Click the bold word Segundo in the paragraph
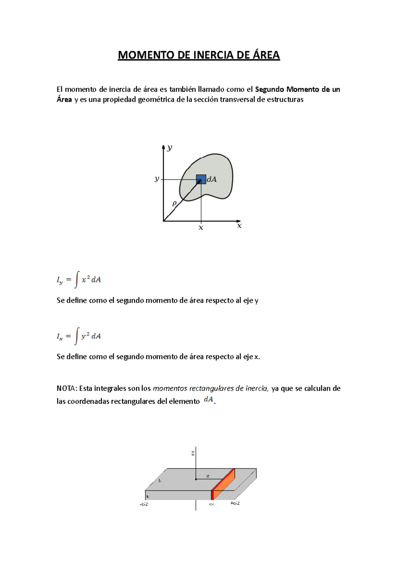click(x=270, y=89)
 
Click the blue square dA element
click(x=201, y=179)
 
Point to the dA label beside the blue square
click(x=212, y=179)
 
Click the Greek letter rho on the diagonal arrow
click(x=174, y=204)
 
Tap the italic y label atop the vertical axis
click(x=170, y=148)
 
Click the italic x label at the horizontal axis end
click(x=240, y=226)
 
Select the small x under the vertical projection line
click(x=201, y=228)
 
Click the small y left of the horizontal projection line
click(x=157, y=179)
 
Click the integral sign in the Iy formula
click(x=77, y=280)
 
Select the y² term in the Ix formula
click(x=85, y=336)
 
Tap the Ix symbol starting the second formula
click(x=60, y=337)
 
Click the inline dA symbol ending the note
click(x=208, y=399)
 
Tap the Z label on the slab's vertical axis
click(x=193, y=453)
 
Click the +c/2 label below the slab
click(x=235, y=503)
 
